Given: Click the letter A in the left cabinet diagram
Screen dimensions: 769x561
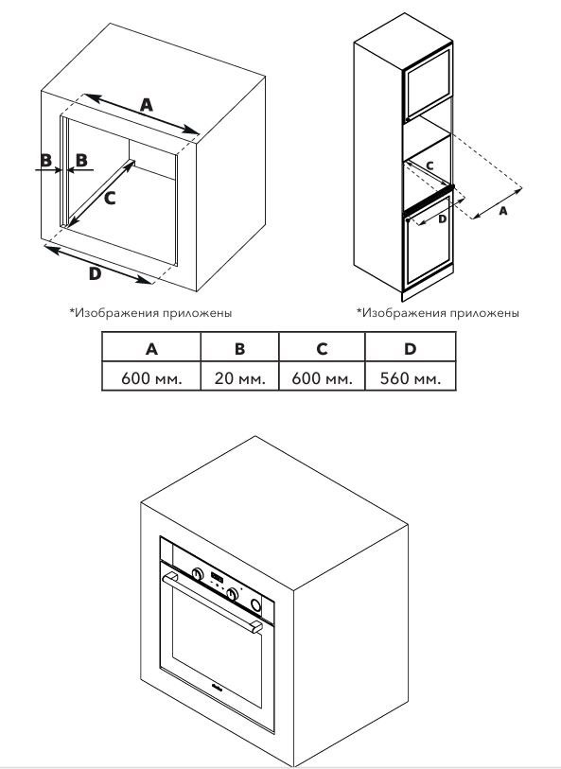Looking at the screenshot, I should click(146, 105).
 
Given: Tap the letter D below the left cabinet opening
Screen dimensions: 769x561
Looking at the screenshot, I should click(95, 273).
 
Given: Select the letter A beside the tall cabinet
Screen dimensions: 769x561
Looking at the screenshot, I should click(502, 212).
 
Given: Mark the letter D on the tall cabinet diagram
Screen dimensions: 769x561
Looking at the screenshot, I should click(442, 217).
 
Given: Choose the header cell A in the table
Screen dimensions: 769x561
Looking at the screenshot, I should click(151, 348).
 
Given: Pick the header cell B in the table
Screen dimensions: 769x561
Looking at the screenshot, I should click(240, 348).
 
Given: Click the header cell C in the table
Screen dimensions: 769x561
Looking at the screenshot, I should click(322, 348).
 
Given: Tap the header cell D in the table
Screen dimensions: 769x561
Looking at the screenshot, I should click(410, 348).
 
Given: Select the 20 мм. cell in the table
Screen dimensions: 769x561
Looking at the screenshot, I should click(240, 377).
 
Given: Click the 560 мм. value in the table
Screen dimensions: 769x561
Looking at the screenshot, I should click(410, 377).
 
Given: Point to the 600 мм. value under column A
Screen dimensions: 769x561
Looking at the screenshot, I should click(151, 377).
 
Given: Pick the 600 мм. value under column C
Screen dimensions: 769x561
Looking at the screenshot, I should click(322, 377).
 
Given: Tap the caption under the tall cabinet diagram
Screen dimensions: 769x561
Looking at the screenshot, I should click(437, 311).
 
